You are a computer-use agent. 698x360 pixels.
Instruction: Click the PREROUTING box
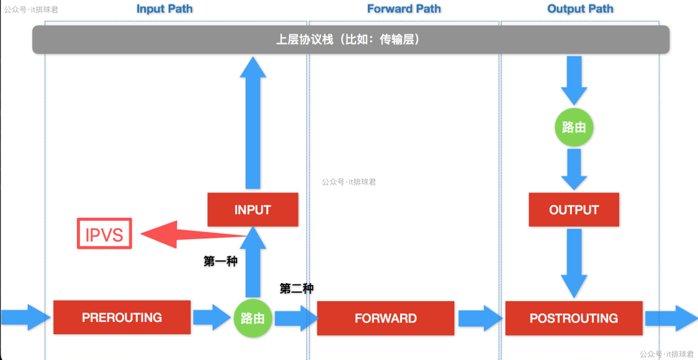point(122,317)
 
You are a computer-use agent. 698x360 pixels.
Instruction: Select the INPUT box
point(253,209)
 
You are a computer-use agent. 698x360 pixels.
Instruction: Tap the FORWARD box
point(385,318)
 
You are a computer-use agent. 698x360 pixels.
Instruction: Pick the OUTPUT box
point(574,209)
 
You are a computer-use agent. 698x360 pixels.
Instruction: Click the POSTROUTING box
point(573,318)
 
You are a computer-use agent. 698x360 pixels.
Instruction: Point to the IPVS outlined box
point(104,234)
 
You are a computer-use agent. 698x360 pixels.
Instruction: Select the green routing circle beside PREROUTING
point(253,318)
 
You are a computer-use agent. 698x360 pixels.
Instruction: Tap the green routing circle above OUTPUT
point(574,127)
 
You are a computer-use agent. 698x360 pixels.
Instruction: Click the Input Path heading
point(164,9)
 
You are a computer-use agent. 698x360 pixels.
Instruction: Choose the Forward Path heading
point(404,9)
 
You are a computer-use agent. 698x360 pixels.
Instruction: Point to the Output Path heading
point(580,9)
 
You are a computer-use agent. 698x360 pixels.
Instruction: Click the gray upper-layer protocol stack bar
point(350,39)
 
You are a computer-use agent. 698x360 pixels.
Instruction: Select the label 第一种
point(220,261)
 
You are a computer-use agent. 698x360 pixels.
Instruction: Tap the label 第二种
point(297,289)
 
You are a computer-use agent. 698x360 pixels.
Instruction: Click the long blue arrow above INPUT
point(253,123)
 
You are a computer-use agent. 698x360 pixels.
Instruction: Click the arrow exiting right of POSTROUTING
point(670,318)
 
